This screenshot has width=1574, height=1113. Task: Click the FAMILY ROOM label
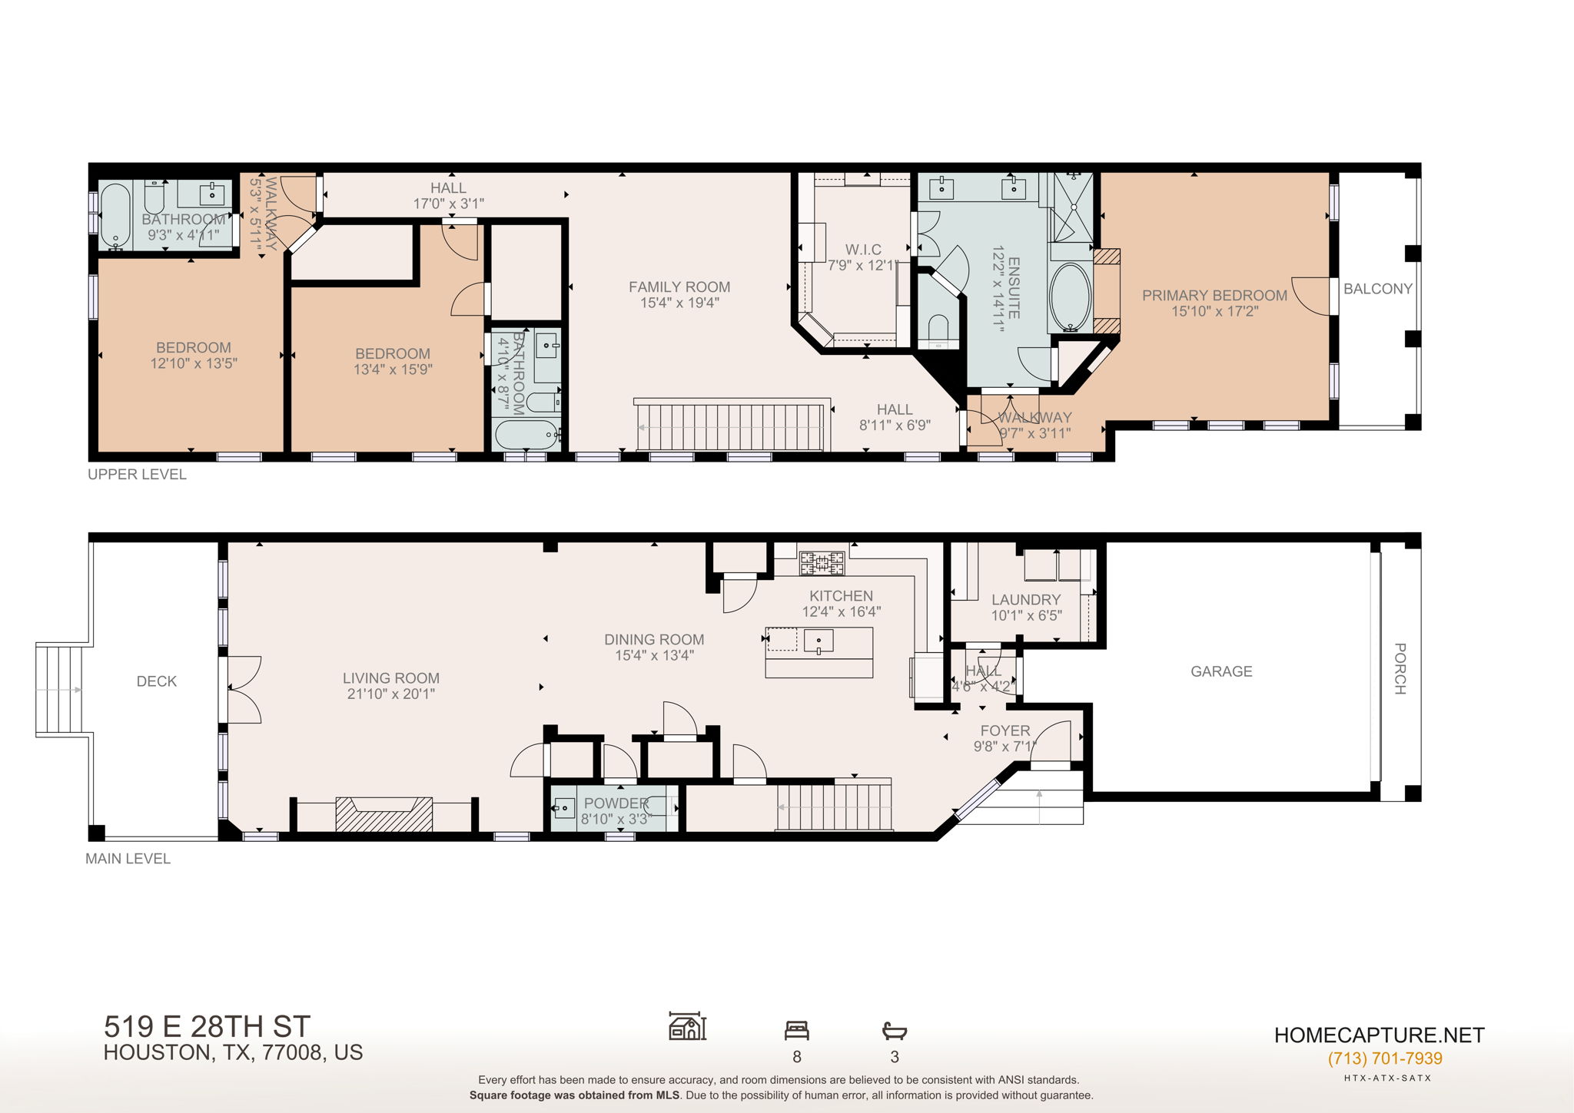tap(679, 287)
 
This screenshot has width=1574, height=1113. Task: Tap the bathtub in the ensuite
tap(1070, 297)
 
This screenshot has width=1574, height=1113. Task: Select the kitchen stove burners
tap(822, 563)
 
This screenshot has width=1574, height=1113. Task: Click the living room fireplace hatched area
tap(384, 815)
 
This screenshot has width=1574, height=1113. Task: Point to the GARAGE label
tap(1221, 671)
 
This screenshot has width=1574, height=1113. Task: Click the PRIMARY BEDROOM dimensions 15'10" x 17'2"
tap(1214, 311)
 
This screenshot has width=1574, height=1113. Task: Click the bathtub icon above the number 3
tap(895, 1030)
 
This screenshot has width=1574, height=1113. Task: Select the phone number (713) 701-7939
tap(1385, 1058)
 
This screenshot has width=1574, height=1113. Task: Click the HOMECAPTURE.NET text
tap(1379, 1035)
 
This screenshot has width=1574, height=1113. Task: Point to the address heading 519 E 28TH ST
tap(207, 1027)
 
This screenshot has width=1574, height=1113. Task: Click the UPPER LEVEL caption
tap(137, 475)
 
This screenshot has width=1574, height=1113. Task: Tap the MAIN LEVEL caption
tap(128, 859)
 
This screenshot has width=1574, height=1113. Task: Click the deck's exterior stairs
tap(58, 690)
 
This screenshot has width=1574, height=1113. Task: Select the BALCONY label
tap(1377, 289)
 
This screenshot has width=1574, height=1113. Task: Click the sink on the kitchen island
tap(819, 641)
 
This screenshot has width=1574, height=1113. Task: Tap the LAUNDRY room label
tap(1025, 600)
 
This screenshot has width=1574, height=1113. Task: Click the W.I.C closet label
tap(863, 250)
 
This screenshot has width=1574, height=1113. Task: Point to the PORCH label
tap(1400, 668)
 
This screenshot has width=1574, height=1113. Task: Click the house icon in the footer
tap(687, 1026)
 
